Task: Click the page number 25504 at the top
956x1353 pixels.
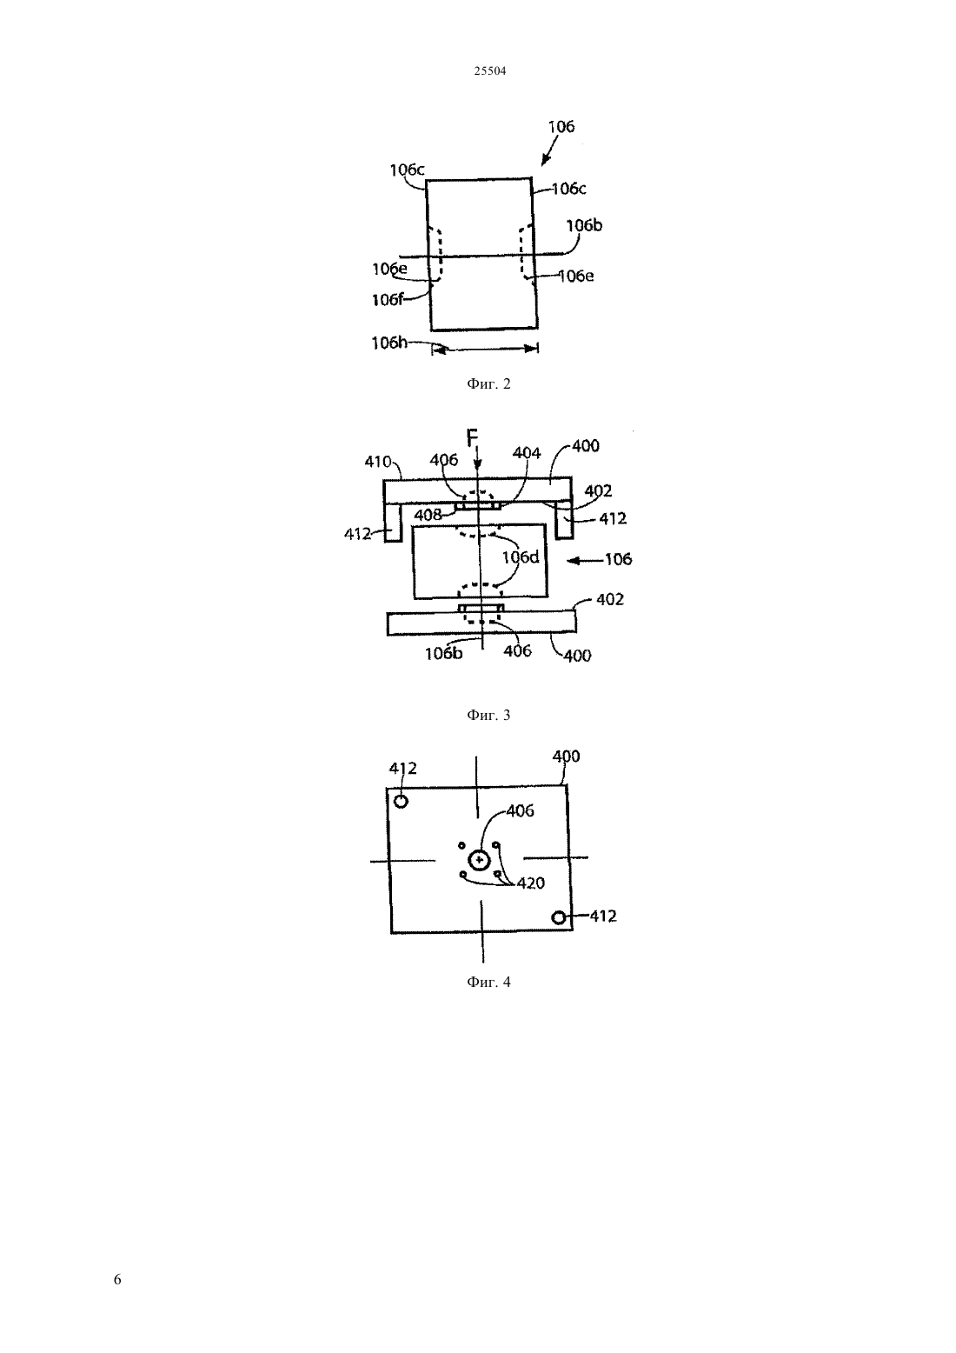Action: [489, 71]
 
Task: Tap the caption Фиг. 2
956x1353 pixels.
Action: [488, 384]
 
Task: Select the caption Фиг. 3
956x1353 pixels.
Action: [488, 715]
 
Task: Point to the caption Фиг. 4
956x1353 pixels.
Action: [488, 982]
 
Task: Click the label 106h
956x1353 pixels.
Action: [388, 343]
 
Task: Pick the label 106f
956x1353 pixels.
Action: [388, 300]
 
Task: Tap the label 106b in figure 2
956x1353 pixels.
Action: [584, 225]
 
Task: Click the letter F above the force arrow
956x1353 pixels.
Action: [472, 437]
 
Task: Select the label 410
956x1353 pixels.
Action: [378, 462]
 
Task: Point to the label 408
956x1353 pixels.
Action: [428, 515]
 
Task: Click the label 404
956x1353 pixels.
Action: [527, 453]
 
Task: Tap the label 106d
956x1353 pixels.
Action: [521, 557]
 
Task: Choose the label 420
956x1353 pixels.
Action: [530, 883]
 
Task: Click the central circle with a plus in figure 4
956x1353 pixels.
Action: [480, 859]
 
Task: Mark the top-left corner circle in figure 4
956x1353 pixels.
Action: [401, 802]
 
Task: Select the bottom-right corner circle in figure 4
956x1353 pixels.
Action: [559, 917]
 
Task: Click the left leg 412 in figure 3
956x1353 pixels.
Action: [393, 523]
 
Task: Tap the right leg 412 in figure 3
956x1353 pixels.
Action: [564, 521]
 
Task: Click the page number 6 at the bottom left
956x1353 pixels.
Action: [117, 1279]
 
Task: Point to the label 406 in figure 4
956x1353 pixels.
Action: [520, 810]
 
